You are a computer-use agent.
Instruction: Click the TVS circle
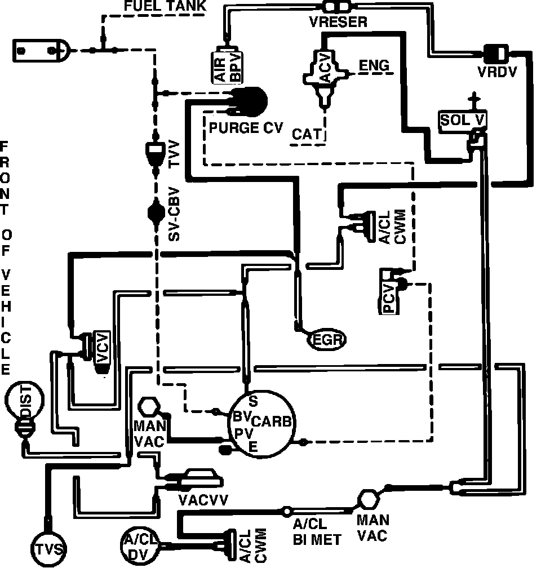tap(47, 548)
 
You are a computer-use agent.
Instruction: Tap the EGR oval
tap(326, 339)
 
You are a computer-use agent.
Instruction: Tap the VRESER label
tap(338, 23)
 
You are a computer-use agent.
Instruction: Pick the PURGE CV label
tap(245, 128)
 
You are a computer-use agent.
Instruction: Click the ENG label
tap(375, 66)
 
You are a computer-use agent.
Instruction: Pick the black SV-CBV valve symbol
tap(156, 213)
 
